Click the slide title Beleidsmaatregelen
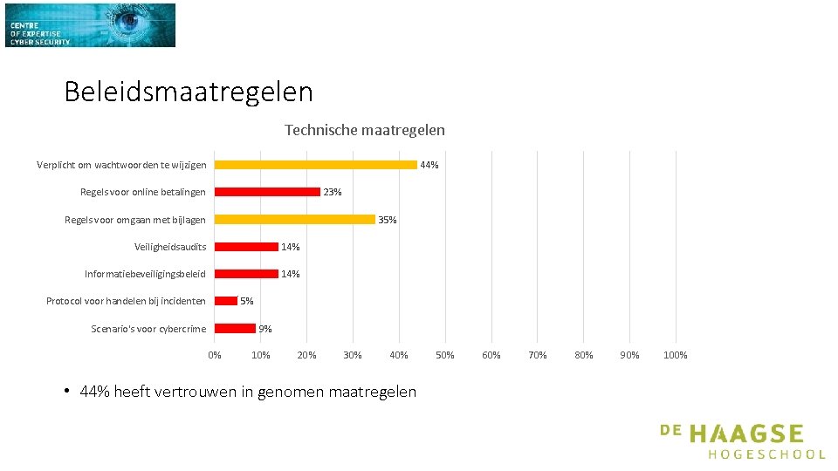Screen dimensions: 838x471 189,92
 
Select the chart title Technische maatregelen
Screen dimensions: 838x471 365,130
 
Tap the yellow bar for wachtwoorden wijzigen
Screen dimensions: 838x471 316,165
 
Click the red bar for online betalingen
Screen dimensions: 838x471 267,192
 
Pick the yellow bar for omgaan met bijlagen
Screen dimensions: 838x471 295,220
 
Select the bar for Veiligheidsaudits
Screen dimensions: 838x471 246,247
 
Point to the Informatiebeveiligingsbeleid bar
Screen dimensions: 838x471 246,274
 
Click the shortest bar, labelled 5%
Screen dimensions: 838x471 226,301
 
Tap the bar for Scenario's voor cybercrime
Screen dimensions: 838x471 235,329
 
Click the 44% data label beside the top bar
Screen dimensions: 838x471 429,165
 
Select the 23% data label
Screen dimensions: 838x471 333,192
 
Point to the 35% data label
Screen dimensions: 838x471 388,220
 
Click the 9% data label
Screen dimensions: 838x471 265,329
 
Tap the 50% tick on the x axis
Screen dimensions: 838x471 444,355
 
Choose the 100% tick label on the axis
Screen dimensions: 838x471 676,355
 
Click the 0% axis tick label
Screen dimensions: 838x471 215,355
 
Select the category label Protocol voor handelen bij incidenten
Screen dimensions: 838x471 126,301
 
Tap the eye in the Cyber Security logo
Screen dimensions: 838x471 129,20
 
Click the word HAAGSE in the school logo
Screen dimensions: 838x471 746,434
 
